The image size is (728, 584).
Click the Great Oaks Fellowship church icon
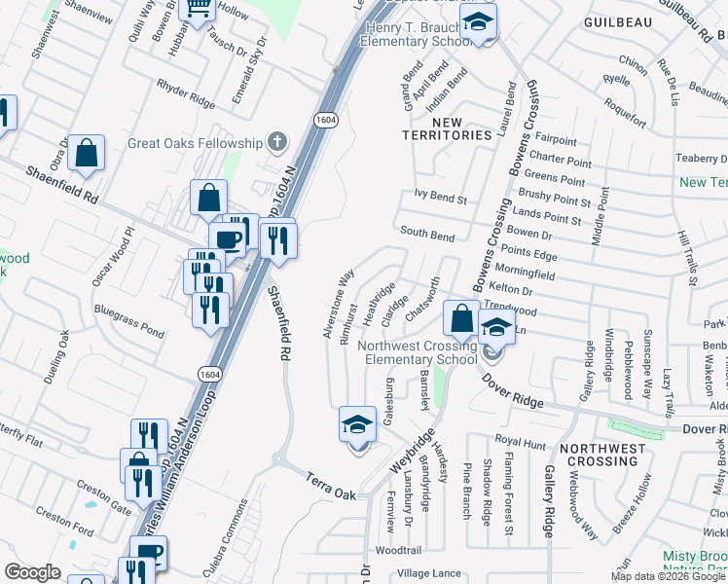pyautogui.click(x=277, y=142)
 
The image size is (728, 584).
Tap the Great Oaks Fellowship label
pyautogui.click(x=196, y=143)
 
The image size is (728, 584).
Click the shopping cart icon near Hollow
pyautogui.click(x=198, y=11)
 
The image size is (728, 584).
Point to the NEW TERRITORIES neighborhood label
pyautogui.click(x=448, y=128)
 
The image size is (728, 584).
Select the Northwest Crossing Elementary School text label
pyautogui.click(x=419, y=352)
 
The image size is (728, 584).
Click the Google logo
pyautogui.click(x=33, y=572)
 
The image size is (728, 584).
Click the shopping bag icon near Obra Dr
pyautogui.click(x=87, y=153)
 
